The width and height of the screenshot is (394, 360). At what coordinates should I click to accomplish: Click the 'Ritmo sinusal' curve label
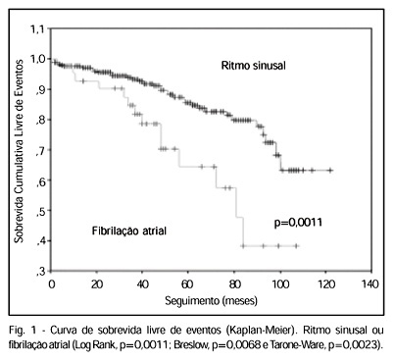[253, 66]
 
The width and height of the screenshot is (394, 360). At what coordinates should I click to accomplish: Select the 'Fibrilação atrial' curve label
[129, 231]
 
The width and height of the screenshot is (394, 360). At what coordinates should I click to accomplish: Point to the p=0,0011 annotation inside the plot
[298, 223]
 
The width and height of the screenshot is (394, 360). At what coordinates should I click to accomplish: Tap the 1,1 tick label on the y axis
[36, 29]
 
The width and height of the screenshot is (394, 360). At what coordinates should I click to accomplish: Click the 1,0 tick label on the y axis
[36, 59]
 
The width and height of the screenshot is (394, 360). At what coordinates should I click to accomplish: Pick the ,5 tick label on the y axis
[40, 211]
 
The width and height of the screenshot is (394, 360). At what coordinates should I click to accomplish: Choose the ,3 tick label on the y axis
[40, 272]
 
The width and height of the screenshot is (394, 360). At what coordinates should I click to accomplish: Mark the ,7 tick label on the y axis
[40, 150]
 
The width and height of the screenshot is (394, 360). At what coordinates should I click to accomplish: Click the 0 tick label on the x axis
[52, 284]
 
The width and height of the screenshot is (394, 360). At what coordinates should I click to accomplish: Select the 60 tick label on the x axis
[187, 284]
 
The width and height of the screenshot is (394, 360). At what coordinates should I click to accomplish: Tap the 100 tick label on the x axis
[280, 284]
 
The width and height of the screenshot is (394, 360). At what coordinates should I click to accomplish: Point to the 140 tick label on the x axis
[370, 284]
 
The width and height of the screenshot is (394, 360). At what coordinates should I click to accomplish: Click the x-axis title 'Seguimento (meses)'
[211, 300]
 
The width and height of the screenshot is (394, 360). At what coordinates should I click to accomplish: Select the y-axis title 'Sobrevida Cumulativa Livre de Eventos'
[19, 151]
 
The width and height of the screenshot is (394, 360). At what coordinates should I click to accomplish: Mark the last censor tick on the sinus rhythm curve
[330, 171]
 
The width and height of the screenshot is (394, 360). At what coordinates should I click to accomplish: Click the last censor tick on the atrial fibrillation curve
[296, 245]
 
